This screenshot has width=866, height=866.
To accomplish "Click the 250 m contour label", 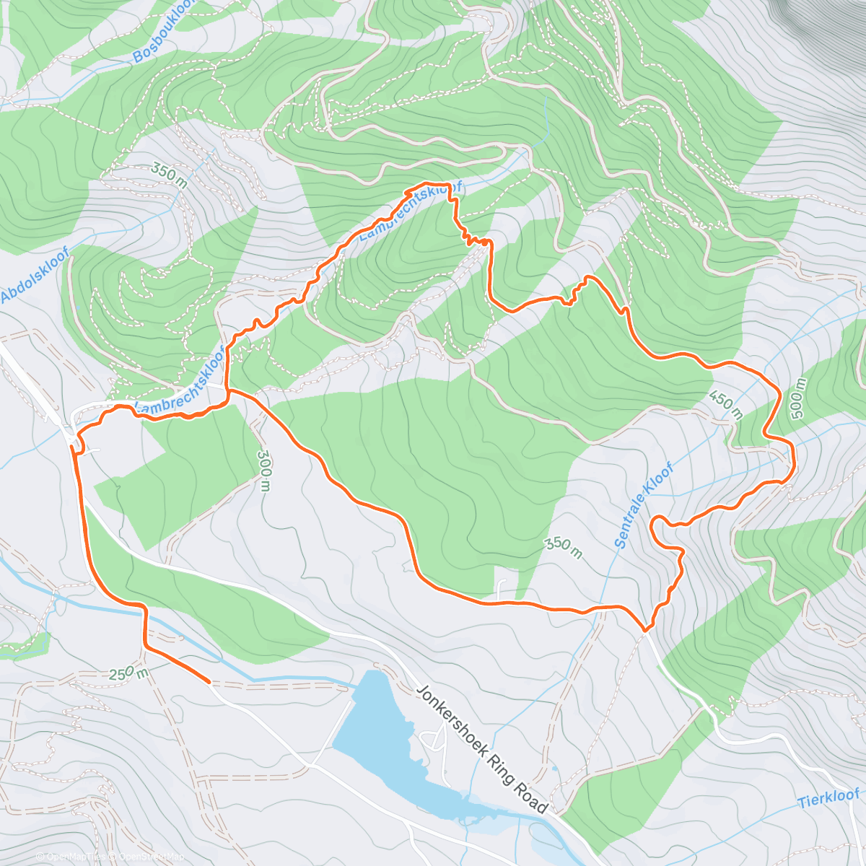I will pyautogui.click(x=128, y=673).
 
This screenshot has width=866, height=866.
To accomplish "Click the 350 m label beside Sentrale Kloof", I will pyautogui.click(x=562, y=548).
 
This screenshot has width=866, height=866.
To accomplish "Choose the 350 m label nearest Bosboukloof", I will pyautogui.click(x=170, y=176).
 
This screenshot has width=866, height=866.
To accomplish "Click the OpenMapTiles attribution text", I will pyautogui.click(x=75, y=857).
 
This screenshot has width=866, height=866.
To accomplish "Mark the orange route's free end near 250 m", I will pyautogui.click(x=209, y=681).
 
